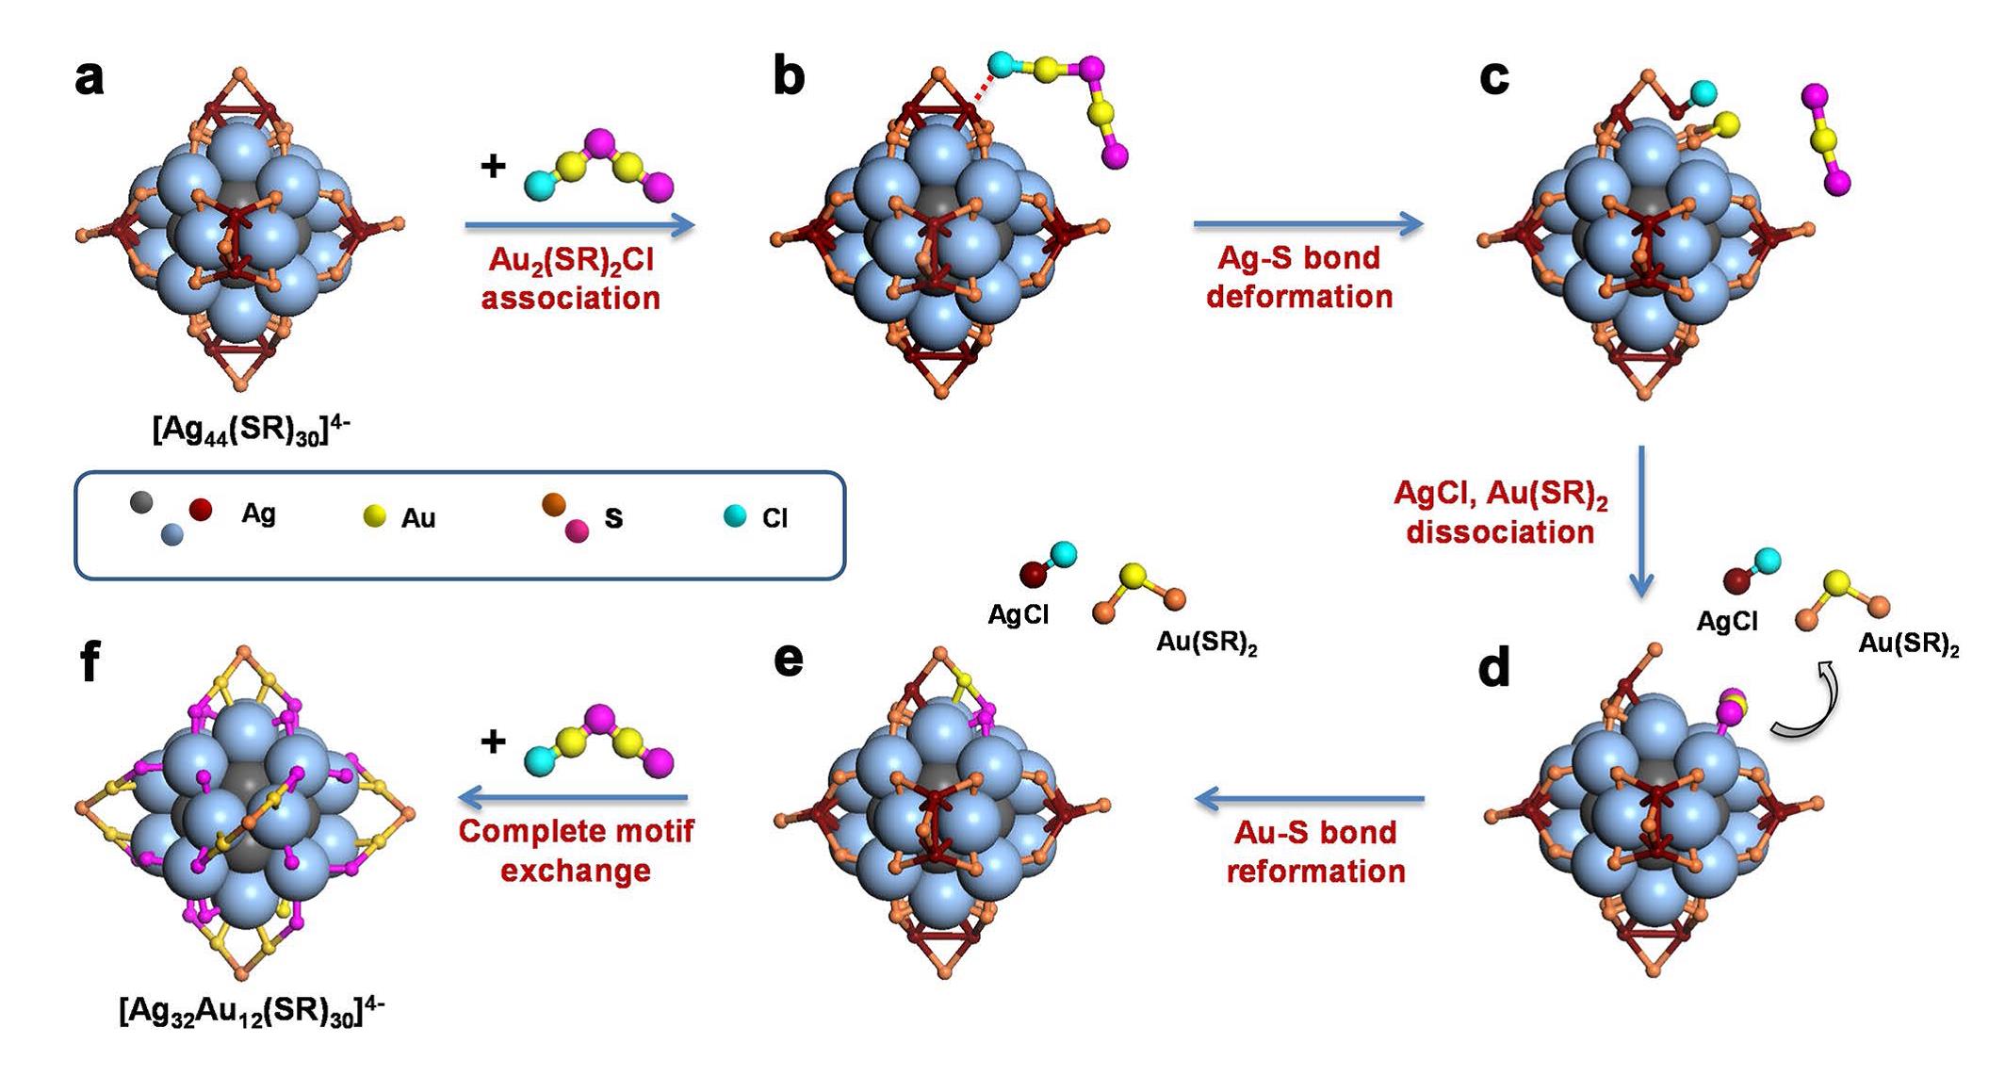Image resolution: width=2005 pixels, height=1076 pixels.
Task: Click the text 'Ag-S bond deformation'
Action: (1299, 277)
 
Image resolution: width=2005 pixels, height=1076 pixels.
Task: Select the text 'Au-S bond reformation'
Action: (1315, 851)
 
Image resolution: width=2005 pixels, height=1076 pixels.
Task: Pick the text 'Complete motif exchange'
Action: (576, 850)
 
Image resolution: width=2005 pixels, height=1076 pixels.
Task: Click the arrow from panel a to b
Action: (579, 224)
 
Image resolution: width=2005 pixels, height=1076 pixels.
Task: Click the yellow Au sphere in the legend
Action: (375, 515)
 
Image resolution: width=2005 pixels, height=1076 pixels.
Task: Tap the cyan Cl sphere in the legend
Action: (735, 515)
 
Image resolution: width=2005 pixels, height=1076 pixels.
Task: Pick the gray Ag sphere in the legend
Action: (141, 502)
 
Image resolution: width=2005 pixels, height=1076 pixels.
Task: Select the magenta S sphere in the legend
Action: (577, 531)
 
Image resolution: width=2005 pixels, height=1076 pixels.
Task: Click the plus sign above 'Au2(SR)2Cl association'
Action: (493, 167)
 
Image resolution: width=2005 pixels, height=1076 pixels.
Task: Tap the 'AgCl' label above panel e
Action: (1018, 614)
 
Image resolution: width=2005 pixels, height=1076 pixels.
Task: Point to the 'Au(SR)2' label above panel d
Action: (1909, 645)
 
